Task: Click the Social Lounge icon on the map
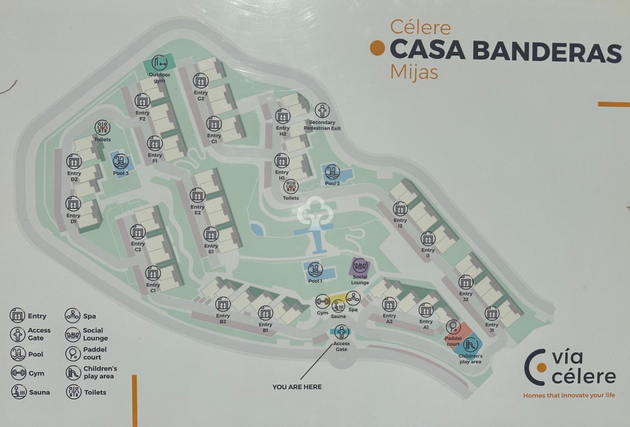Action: (x=360, y=266)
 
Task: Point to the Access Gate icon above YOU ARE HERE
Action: (x=341, y=332)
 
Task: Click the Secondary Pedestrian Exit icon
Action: (x=322, y=111)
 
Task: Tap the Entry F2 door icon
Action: (x=142, y=101)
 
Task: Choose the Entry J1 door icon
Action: (x=492, y=313)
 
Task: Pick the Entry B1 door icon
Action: (x=265, y=313)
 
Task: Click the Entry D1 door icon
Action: (x=73, y=205)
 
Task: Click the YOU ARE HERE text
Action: (x=297, y=387)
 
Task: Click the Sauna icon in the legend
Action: (x=18, y=392)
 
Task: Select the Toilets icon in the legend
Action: (x=73, y=392)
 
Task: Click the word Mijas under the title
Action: (x=414, y=73)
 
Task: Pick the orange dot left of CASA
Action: (x=378, y=48)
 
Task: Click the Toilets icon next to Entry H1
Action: (x=291, y=187)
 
